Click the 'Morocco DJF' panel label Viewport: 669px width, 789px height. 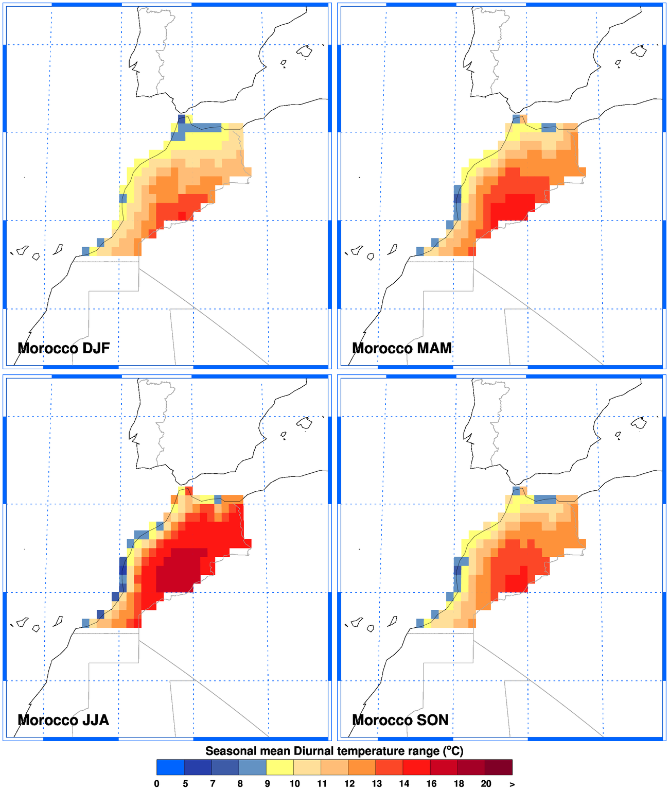[x=64, y=348]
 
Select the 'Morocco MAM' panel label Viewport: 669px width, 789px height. [x=402, y=348]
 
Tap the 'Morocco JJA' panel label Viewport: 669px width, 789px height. [x=63, y=719]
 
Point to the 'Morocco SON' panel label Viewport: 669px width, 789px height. [x=400, y=719]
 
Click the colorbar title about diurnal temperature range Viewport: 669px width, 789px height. [x=334, y=751]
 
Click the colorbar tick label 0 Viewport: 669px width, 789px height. [x=157, y=783]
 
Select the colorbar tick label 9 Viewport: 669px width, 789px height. [x=267, y=783]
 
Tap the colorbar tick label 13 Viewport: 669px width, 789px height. [x=377, y=783]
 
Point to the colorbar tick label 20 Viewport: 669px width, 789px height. [x=486, y=783]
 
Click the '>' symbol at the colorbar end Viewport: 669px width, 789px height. [x=512, y=783]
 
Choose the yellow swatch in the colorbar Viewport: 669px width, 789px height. [x=280, y=767]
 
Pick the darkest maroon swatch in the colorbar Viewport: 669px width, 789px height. [x=499, y=767]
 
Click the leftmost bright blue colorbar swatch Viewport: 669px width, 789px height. [x=170, y=767]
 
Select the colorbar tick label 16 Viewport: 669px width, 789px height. [x=431, y=783]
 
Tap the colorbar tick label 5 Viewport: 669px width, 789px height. [x=185, y=783]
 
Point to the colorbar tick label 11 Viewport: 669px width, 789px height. [x=322, y=783]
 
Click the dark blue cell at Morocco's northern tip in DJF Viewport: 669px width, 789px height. [x=181, y=119]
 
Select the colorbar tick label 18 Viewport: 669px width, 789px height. [x=459, y=783]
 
